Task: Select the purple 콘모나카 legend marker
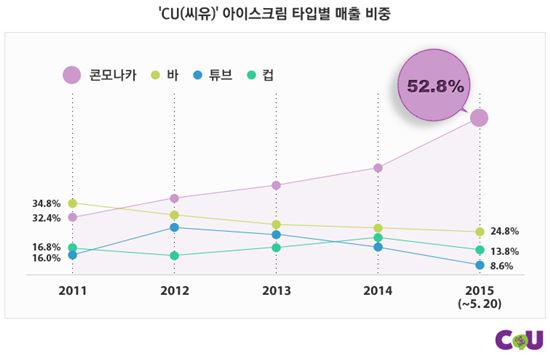click(x=71, y=74)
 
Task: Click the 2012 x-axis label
click(x=174, y=291)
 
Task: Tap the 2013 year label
click(x=275, y=291)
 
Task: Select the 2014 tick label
click(x=377, y=291)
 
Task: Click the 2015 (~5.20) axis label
click(x=479, y=297)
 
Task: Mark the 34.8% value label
click(x=46, y=204)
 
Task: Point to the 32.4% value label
click(x=46, y=218)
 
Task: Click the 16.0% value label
click(x=46, y=259)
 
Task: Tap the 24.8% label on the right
click(x=504, y=232)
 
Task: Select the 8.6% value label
click(x=502, y=266)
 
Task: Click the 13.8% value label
click(x=504, y=251)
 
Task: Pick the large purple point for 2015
click(x=479, y=118)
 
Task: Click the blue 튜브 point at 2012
click(x=174, y=228)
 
